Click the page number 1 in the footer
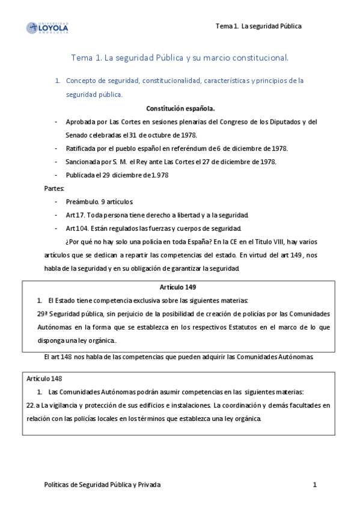point(314,484)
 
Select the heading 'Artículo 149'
point(178,287)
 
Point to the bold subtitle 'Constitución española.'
point(180,108)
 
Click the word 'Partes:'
point(54,188)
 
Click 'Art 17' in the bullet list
point(75,215)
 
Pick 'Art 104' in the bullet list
point(76,228)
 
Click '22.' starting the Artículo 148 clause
point(31,405)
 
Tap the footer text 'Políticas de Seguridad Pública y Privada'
point(103,484)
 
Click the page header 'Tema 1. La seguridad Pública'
point(258,26)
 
